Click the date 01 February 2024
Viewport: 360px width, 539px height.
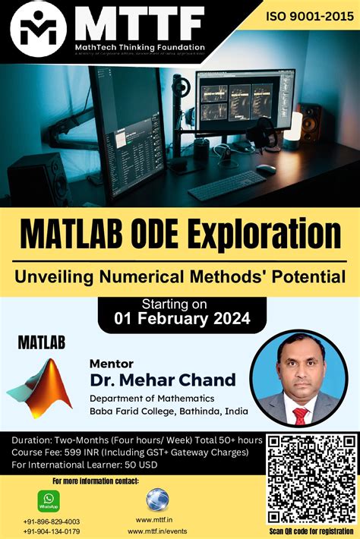182,319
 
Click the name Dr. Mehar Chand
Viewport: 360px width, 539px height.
163,379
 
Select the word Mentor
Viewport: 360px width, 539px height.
112,362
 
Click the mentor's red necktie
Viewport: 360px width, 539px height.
300,415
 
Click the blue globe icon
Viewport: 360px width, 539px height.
158,499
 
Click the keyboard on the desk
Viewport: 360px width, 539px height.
227,184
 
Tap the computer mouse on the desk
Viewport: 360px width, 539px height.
266,169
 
